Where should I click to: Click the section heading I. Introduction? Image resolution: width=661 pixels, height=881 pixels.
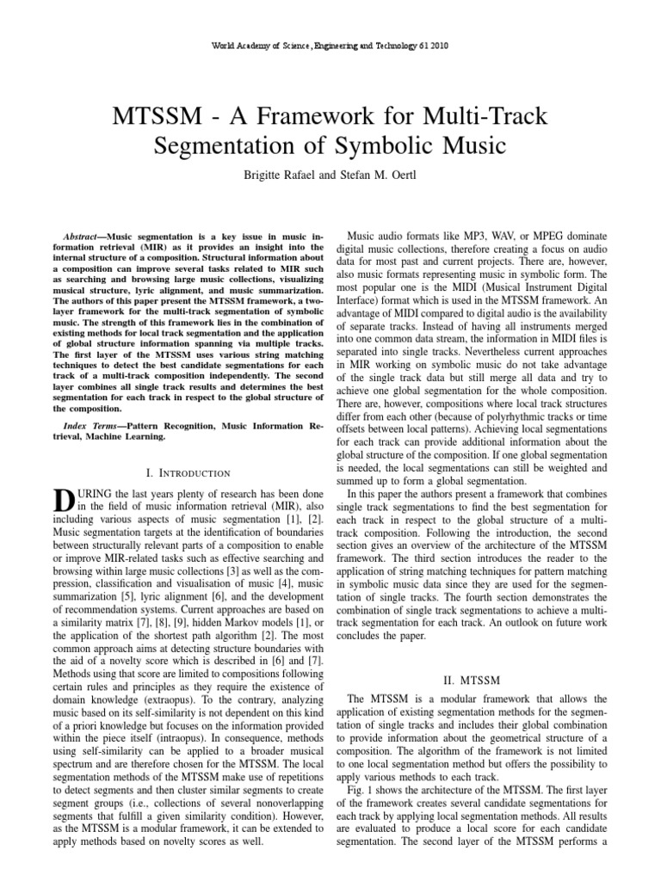point(189,473)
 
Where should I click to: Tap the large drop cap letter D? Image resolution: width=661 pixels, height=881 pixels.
point(60,500)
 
